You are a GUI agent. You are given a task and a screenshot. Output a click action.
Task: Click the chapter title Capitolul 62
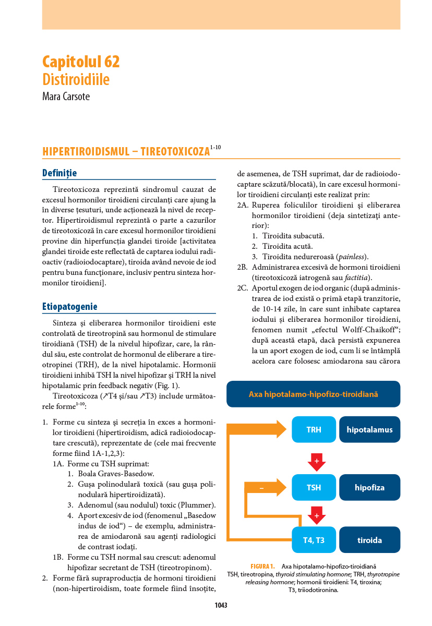(81, 62)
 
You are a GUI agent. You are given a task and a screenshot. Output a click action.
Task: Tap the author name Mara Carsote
(66, 97)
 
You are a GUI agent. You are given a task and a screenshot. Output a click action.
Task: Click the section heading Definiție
(59, 173)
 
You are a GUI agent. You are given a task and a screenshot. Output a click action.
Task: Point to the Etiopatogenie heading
(69, 307)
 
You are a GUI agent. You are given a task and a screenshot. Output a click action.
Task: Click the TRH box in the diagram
(314, 430)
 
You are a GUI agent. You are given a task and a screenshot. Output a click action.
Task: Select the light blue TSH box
(314, 488)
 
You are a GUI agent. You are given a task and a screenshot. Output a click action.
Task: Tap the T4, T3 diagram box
(314, 540)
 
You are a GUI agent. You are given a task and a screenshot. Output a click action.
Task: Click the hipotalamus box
(369, 430)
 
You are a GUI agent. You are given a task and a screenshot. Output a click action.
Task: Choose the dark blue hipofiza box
(369, 488)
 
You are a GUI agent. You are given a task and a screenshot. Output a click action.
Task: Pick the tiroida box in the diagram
(369, 540)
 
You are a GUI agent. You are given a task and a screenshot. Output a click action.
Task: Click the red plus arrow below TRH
(317, 462)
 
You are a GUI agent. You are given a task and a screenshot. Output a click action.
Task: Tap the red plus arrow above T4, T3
(317, 515)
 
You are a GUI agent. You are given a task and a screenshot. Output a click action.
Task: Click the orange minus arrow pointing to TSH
(266, 488)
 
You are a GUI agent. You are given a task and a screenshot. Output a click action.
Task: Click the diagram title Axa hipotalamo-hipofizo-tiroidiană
(313, 394)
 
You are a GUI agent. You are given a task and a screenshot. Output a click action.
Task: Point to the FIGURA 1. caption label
(262, 566)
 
